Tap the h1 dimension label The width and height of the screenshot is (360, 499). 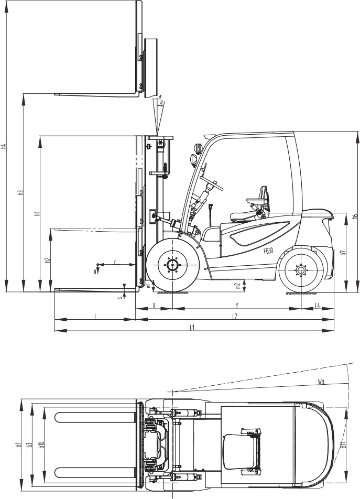click(37, 213)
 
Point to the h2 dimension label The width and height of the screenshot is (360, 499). click(47, 260)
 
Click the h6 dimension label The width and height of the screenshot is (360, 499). click(356, 216)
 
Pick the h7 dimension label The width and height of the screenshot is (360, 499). click(343, 252)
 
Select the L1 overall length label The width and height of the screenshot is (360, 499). click(193, 328)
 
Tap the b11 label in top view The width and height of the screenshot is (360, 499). click(343, 444)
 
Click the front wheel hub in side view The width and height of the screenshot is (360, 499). click(172, 265)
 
